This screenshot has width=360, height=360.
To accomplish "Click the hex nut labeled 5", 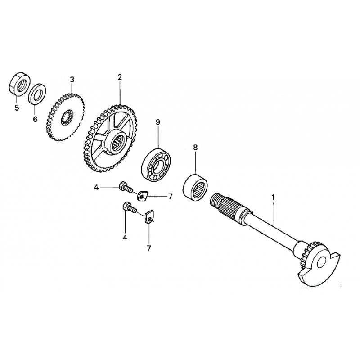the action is (20, 84).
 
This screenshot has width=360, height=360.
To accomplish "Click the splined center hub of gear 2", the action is (117, 142).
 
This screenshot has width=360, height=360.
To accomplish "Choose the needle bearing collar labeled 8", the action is (195, 188).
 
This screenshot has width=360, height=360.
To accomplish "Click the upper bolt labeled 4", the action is (125, 186).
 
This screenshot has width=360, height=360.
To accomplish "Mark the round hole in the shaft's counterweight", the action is (321, 262).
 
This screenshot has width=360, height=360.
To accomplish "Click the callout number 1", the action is (273, 198).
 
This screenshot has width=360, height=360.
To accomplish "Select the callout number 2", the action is (119, 77).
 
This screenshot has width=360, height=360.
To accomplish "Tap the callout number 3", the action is (72, 80).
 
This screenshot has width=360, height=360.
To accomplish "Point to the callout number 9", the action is (158, 122).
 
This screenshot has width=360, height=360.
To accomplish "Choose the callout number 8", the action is (195, 148).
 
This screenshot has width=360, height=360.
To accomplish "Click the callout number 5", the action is (17, 108).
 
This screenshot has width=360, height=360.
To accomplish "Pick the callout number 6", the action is (35, 119).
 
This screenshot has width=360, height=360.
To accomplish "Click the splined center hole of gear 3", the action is (67, 117).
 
